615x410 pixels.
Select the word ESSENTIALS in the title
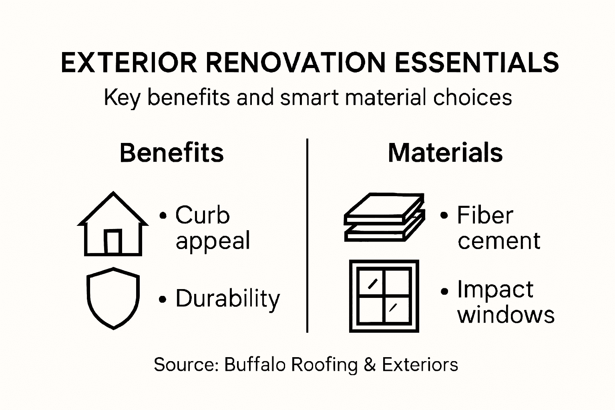pos(476,63)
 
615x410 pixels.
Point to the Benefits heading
pos(171,153)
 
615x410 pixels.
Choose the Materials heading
pos(445,153)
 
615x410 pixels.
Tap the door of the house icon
pos(113,242)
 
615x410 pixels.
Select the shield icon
pos(113,298)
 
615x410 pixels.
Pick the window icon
pos(384,296)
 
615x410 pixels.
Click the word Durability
pos(228,299)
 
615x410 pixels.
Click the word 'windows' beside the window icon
pos(506,315)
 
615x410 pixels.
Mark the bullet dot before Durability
pos(163,299)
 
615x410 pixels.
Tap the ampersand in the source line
pos(370,365)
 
